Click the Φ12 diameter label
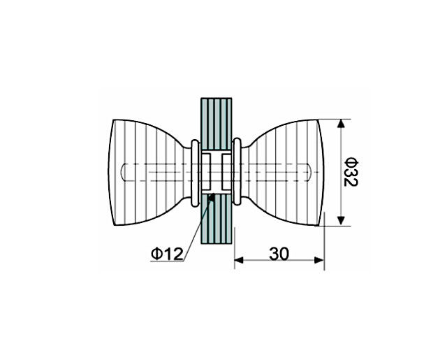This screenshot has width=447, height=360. (167, 254)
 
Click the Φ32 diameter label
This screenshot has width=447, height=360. (351, 172)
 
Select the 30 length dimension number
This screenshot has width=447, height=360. (279, 254)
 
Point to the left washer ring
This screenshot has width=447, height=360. (195, 173)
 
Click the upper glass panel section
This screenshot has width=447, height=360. (217, 124)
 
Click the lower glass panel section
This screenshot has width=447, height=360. (217, 219)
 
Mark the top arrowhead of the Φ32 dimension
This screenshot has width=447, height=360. (341, 124)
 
